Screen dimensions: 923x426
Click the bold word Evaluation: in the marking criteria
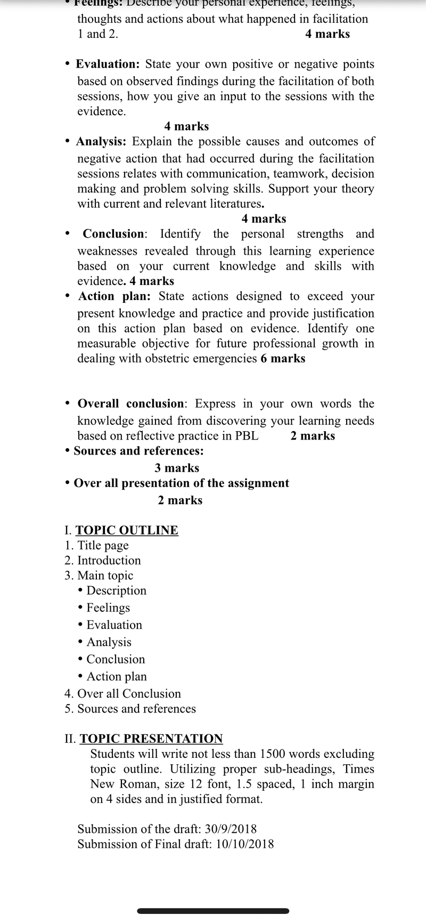pos(108,64)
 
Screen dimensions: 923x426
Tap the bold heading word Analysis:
pos(101,142)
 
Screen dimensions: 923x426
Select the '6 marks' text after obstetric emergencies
pos(283,359)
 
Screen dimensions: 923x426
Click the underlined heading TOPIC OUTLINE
pos(127,530)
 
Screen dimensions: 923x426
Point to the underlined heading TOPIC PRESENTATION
pos(151,739)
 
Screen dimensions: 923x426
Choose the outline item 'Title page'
pos(103,545)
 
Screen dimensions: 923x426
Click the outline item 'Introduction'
pos(109,561)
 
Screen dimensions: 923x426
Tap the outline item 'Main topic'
pos(105,576)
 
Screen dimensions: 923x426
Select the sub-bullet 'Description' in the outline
pos(116,590)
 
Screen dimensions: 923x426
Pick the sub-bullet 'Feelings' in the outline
pos(108,608)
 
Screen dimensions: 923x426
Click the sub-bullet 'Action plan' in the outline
pos(117,676)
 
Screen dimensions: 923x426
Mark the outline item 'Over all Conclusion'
pos(129,694)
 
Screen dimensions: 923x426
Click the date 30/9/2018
pos(231,829)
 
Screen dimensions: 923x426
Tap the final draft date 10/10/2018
pos(245,844)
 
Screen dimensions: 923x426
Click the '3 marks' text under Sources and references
pos(177,468)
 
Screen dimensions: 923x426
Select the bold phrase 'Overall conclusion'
pos(130,404)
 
